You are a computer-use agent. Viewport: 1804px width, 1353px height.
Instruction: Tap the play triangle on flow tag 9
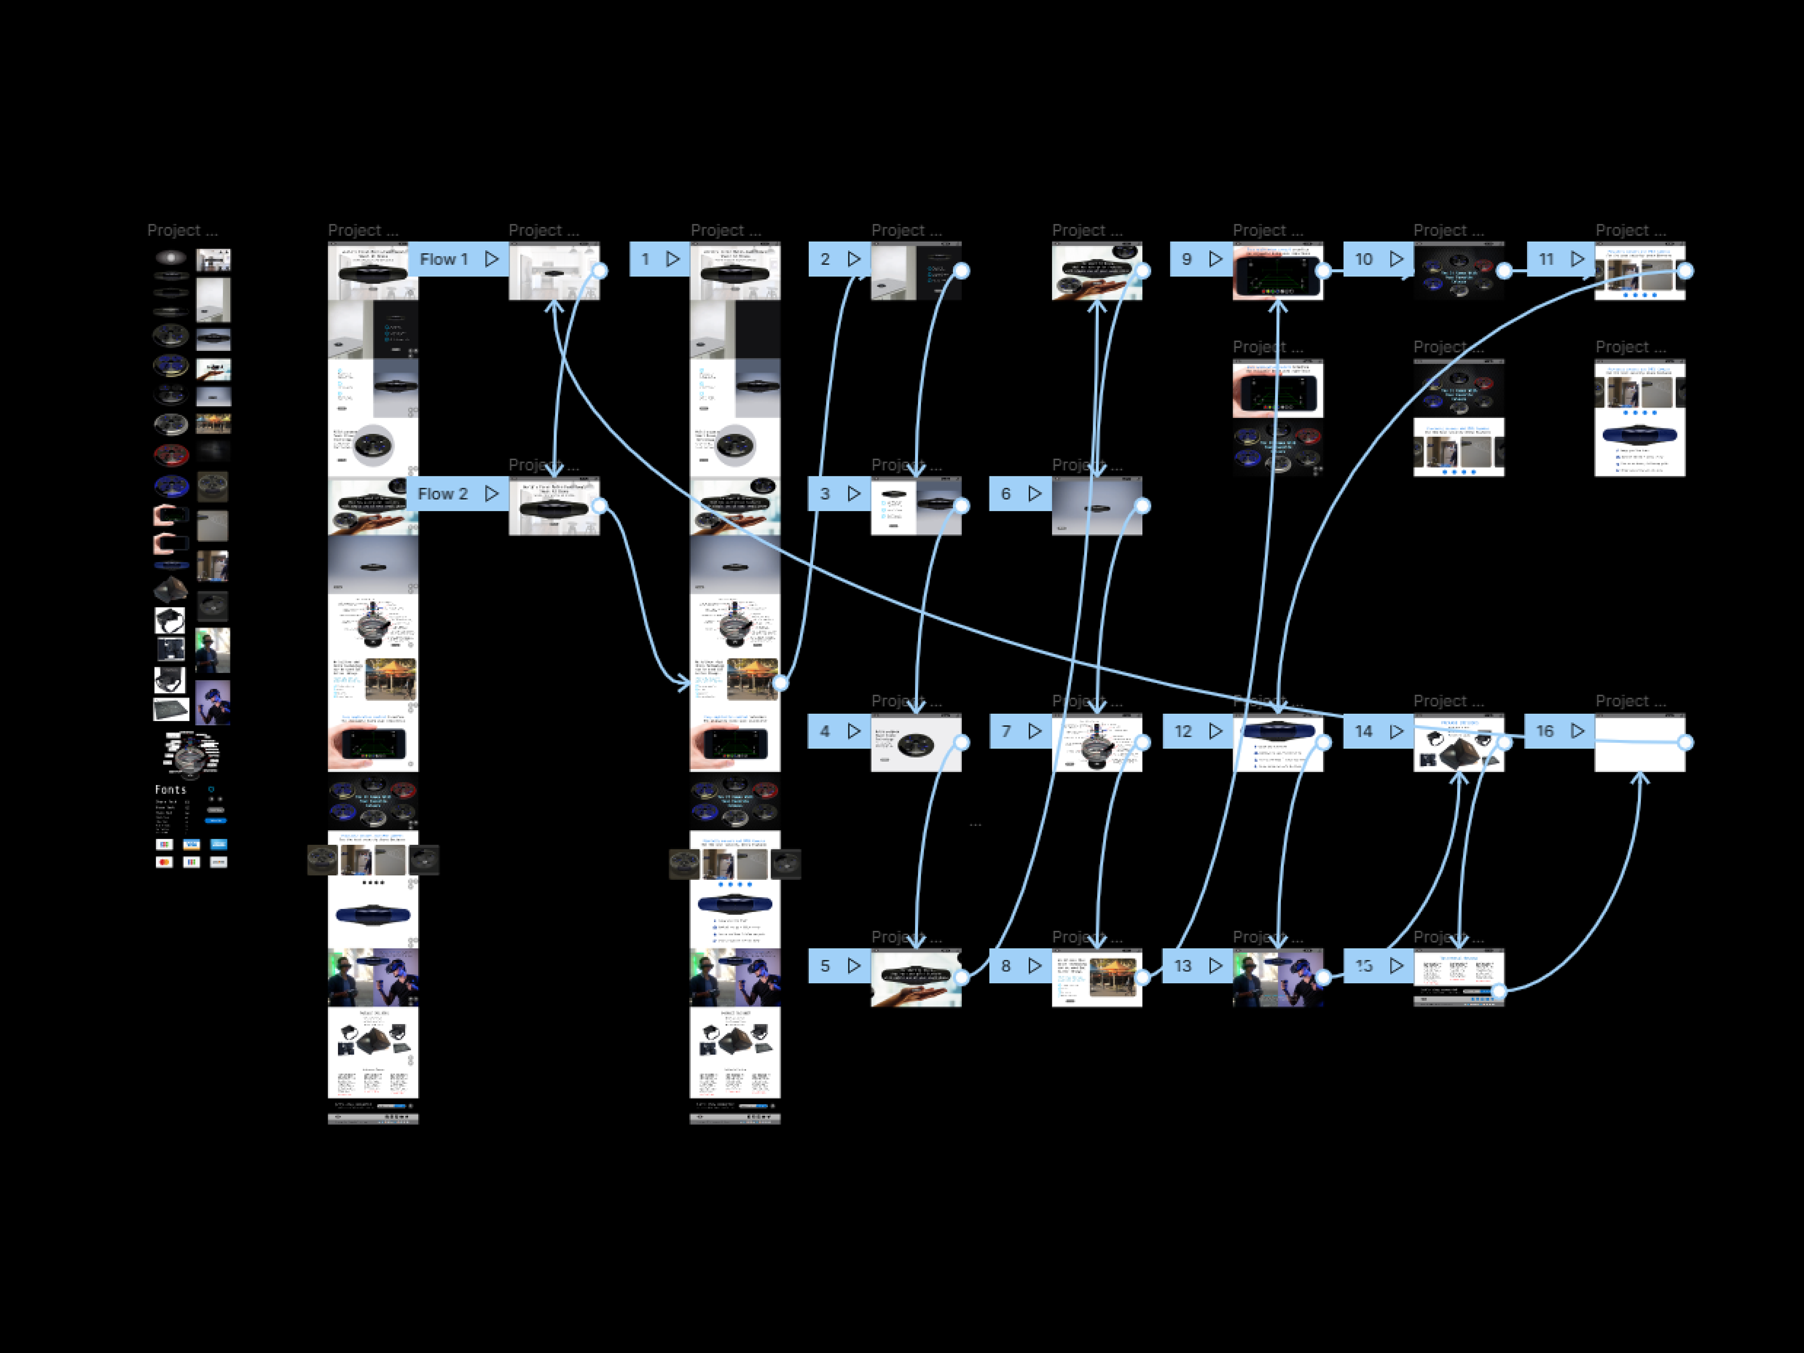[1216, 259]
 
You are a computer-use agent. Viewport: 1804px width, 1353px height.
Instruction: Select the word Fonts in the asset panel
[171, 789]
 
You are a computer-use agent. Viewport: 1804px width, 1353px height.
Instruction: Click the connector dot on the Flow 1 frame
[600, 271]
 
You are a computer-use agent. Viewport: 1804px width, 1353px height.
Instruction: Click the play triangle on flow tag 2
[854, 259]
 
